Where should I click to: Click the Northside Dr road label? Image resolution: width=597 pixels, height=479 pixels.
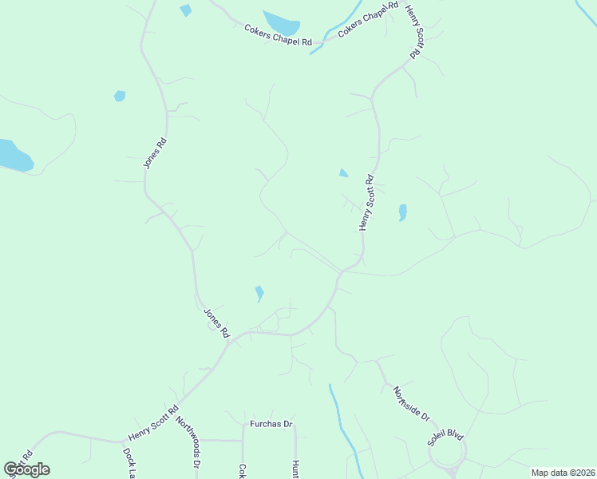(411, 405)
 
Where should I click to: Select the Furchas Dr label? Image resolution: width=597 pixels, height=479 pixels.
(272, 424)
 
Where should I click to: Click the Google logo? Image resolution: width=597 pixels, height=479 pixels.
(26, 469)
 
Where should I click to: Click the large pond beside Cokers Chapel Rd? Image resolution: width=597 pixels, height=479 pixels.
(281, 24)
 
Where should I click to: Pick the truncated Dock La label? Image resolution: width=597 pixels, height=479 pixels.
(128, 463)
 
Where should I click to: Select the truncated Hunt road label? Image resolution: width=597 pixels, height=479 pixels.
(295, 469)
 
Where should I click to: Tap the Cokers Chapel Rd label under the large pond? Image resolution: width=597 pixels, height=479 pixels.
(277, 37)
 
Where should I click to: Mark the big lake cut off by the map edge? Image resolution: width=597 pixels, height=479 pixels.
(14, 156)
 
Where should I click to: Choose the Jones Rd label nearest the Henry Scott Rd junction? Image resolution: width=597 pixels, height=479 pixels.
(216, 322)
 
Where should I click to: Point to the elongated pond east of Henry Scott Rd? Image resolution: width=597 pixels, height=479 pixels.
(402, 212)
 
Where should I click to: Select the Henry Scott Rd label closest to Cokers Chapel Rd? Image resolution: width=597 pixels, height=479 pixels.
(413, 31)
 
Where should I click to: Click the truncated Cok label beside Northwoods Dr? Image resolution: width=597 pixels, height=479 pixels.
(242, 471)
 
